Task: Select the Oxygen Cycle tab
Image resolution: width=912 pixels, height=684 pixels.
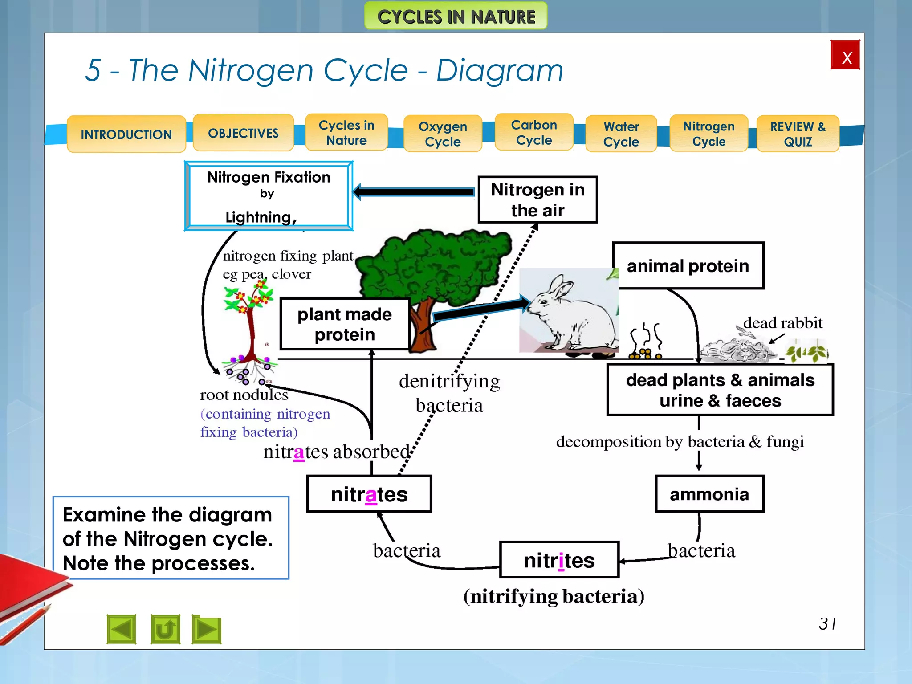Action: point(442,134)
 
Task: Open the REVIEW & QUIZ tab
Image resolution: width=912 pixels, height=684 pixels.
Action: point(798,134)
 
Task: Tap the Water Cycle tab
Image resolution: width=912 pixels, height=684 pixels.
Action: point(621,134)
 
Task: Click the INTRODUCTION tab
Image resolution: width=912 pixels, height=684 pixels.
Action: point(126,134)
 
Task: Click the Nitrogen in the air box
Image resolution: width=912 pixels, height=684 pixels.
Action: point(537,200)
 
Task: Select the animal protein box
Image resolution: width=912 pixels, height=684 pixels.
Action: point(688,266)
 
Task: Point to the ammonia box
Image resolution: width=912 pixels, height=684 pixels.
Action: point(709,494)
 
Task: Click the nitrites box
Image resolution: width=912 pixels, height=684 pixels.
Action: point(559,560)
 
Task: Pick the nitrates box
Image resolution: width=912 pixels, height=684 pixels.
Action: point(369,494)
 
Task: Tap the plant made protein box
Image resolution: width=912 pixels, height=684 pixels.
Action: point(344,324)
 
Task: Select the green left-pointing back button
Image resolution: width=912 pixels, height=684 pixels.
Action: point(121,629)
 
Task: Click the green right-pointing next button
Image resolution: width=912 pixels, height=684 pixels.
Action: point(207,629)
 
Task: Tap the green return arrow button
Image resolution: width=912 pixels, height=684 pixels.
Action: point(165,629)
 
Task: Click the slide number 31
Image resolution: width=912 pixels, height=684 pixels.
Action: point(827,623)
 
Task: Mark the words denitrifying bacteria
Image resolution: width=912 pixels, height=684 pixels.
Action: point(449,393)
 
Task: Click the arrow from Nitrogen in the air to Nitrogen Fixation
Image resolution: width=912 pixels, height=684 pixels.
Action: point(414,192)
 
